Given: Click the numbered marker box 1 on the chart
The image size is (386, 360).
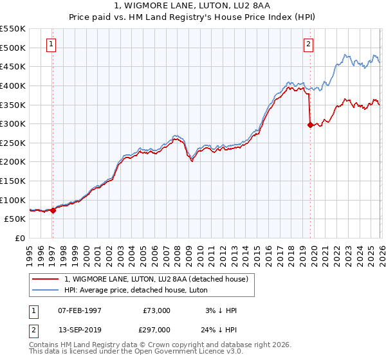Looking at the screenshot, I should pyautogui.click(x=51, y=44).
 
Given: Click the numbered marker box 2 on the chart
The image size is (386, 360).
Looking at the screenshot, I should pyautogui.click(x=309, y=44).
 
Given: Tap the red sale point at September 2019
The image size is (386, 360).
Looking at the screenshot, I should pyautogui.click(x=310, y=125).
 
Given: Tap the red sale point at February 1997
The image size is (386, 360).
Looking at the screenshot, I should pyautogui.click(x=53, y=210).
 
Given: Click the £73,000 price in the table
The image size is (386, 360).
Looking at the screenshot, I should pyautogui.click(x=157, y=310).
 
